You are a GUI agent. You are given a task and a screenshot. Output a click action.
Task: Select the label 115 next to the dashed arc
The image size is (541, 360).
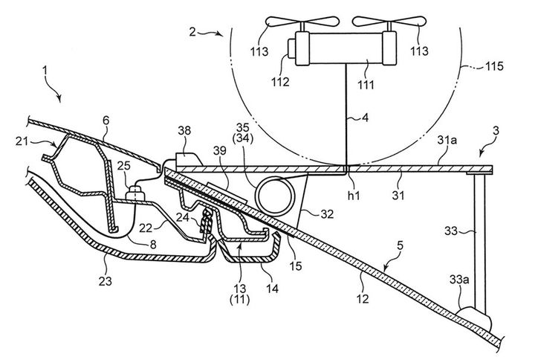point(494,65)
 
